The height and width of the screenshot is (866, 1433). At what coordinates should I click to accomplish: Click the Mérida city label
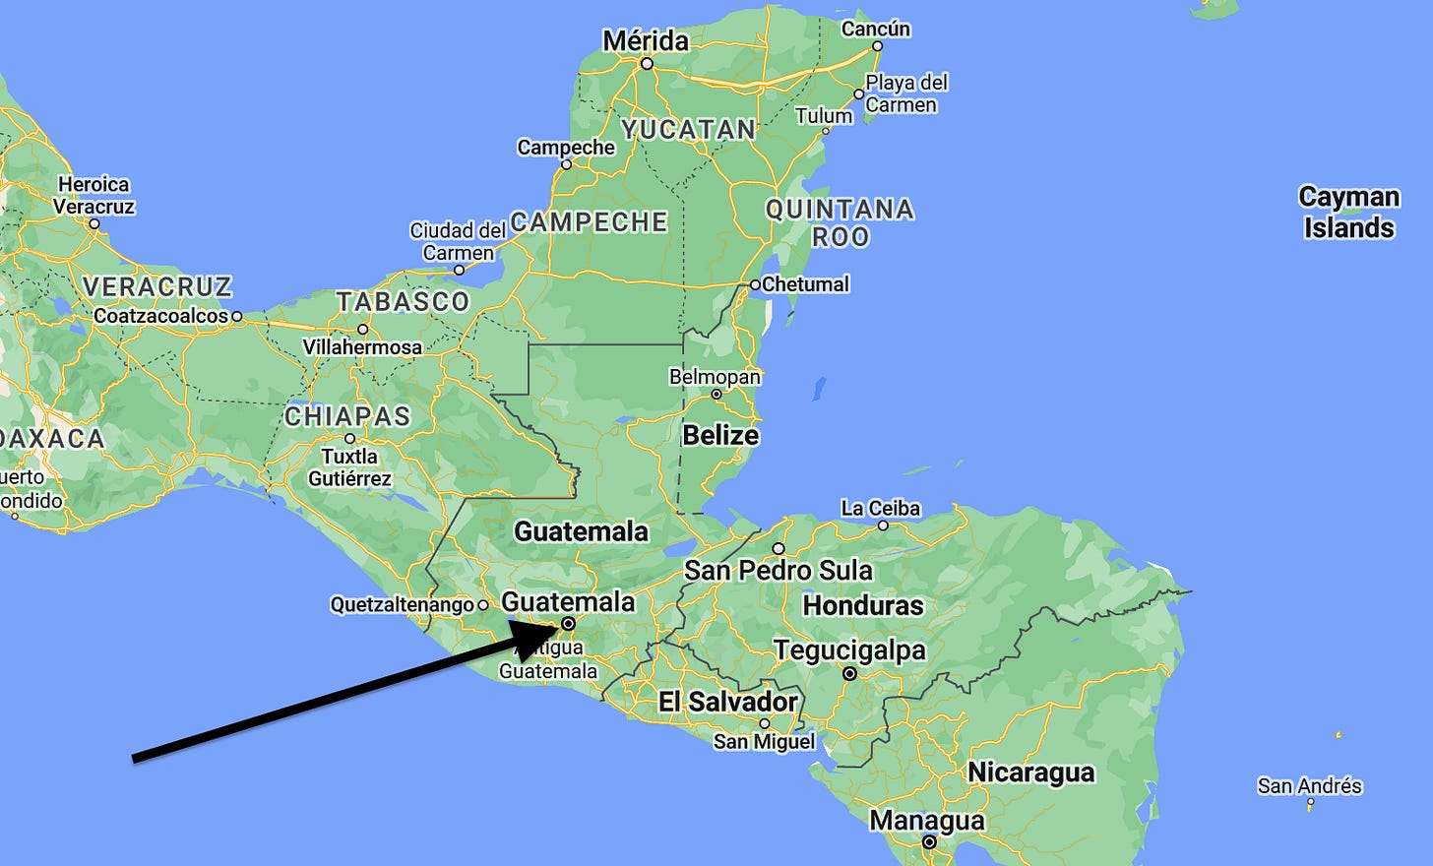pyautogui.click(x=646, y=40)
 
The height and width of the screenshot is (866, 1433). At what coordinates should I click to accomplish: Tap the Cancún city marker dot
pyautogui.click(x=878, y=45)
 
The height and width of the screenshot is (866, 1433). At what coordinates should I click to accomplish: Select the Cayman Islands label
pyautogui.click(x=1348, y=212)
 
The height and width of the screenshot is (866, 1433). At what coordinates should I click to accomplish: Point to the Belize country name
pyautogui.click(x=720, y=435)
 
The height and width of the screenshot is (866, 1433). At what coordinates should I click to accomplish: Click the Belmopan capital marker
pyautogui.click(x=716, y=394)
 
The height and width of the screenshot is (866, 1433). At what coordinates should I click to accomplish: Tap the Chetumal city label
pyautogui.click(x=805, y=284)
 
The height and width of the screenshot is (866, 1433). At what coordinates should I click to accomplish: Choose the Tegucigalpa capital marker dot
pyautogui.click(x=849, y=674)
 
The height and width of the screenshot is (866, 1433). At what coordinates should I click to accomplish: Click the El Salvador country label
pyautogui.click(x=728, y=702)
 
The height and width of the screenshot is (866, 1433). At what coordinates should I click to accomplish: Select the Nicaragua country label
pyautogui.click(x=1030, y=773)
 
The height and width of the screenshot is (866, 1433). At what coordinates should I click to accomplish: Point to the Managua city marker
pyautogui.click(x=929, y=842)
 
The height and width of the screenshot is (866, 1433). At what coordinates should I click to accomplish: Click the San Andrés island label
pyautogui.click(x=1309, y=785)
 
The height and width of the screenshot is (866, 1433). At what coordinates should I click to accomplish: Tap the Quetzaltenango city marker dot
pyautogui.click(x=482, y=605)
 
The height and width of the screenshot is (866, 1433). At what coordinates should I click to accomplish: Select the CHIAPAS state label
pyautogui.click(x=347, y=416)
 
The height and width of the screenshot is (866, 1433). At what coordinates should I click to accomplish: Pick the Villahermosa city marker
pyautogui.click(x=362, y=330)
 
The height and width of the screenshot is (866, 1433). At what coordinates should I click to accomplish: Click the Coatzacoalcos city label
pyautogui.click(x=161, y=316)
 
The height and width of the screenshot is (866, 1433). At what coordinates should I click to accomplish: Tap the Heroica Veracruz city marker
pyautogui.click(x=94, y=223)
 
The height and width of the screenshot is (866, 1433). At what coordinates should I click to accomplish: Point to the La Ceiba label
pyautogui.click(x=880, y=508)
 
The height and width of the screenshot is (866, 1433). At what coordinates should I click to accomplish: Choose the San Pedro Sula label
pyautogui.click(x=778, y=570)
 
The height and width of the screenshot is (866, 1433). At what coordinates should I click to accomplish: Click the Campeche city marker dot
pyautogui.click(x=566, y=164)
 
